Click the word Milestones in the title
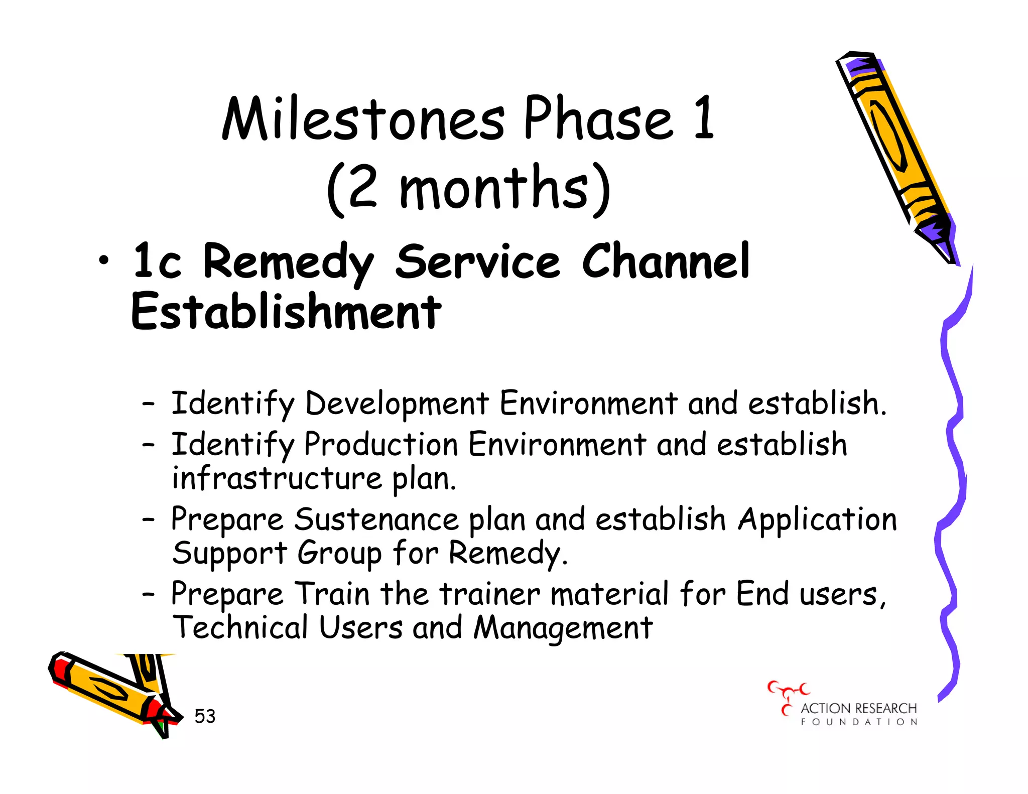point(363,119)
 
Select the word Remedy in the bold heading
point(288,262)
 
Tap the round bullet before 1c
point(103,260)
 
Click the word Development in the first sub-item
point(397,404)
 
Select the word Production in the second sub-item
point(381,445)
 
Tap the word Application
point(817,519)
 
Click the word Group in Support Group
point(339,554)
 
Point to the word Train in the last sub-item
point(332,594)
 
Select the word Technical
point(240,627)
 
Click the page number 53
point(205,716)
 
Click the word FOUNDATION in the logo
point(859,722)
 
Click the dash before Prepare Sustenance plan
point(148,520)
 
